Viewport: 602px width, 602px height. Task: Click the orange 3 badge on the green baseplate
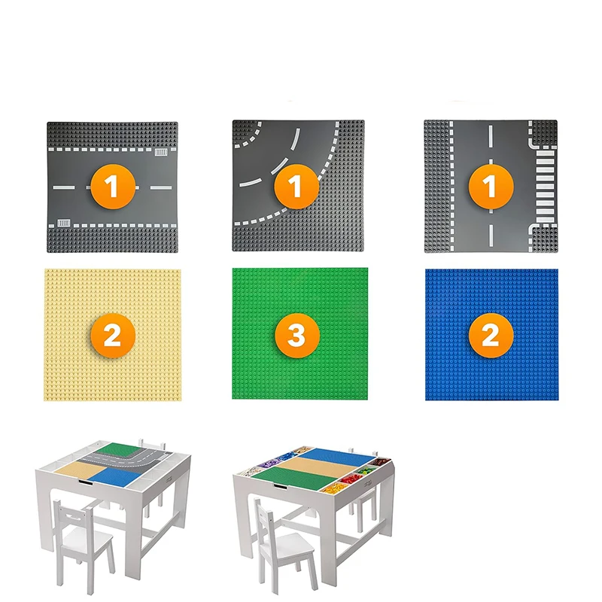(x=296, y=335)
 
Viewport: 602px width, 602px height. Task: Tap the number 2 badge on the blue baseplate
(x=490, y=335)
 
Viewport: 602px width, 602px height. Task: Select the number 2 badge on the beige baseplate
(x=111, y=335)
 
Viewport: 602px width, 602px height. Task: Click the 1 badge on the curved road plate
(x=296, y=187)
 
